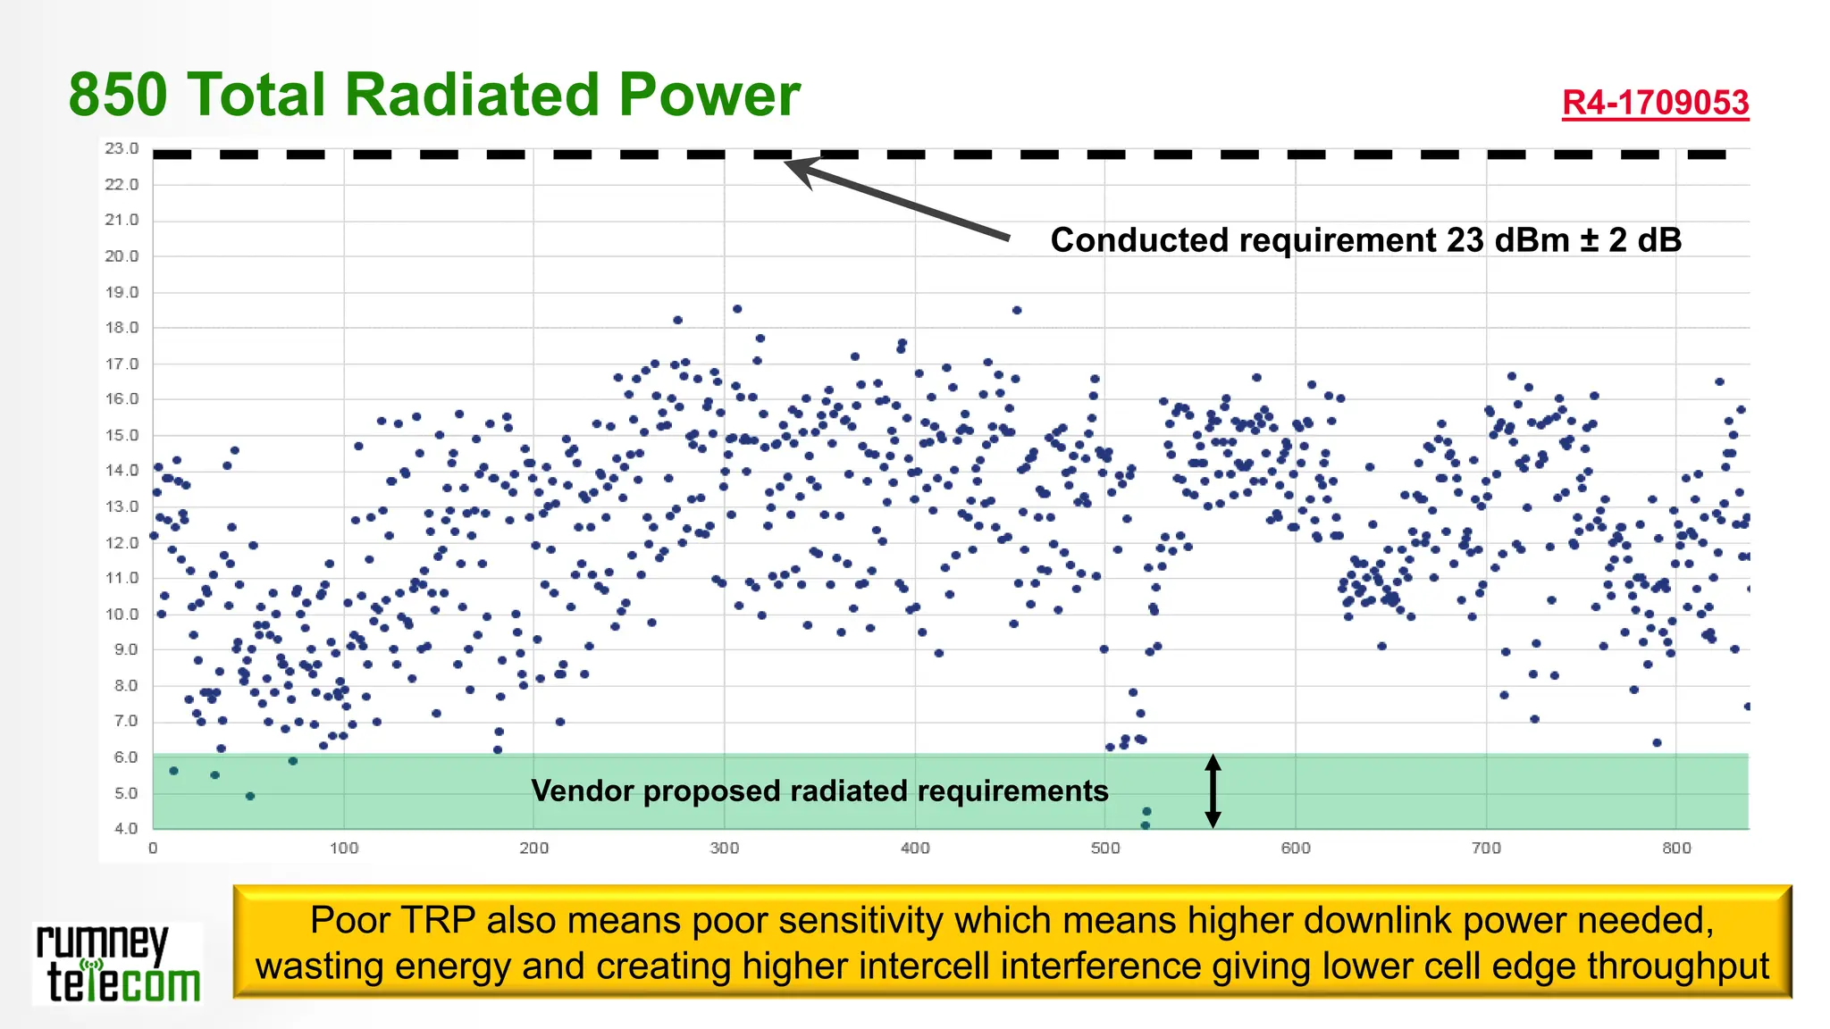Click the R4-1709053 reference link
pyautogui.click(x=1655, y=103)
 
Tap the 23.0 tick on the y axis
pyautogui.click(x=122, y=148)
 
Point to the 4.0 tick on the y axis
pyautogui.click(x=125, y=828)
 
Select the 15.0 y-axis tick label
pyautogui.click(x=122, y=435)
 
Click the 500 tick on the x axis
pyautogui.click(x=1104, y=848)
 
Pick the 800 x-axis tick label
pyautogui.click(x=1675, y=848)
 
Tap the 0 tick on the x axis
pyautogui.click(x=153, y=848)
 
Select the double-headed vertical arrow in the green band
pyautogui.click(x=1213, y=791)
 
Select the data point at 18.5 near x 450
pyautogui.click(x=1017, y=311)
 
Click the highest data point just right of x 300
pyautogui.click(x=737, y=309)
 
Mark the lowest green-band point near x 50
pyautogui.click(x=250, y=796)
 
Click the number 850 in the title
pyautogui.click(x=118, y=95)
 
